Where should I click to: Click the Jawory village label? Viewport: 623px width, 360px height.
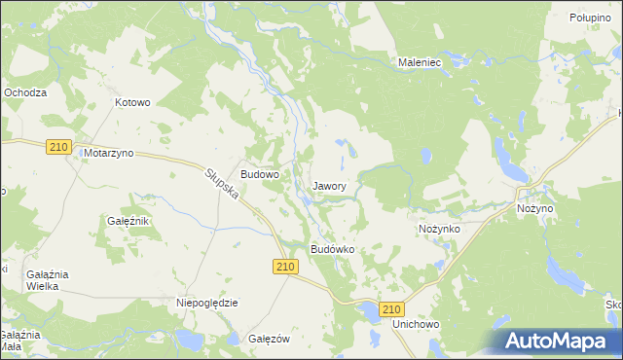331,185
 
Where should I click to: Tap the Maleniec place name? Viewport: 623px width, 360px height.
421,62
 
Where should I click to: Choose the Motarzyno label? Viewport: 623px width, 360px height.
109,154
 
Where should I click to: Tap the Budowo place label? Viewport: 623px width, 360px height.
260,174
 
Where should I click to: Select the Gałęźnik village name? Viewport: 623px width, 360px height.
127,221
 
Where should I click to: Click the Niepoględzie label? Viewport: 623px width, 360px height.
207,303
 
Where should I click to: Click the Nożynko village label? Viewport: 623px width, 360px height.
439,227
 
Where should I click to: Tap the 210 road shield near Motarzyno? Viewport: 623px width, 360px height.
58,146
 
